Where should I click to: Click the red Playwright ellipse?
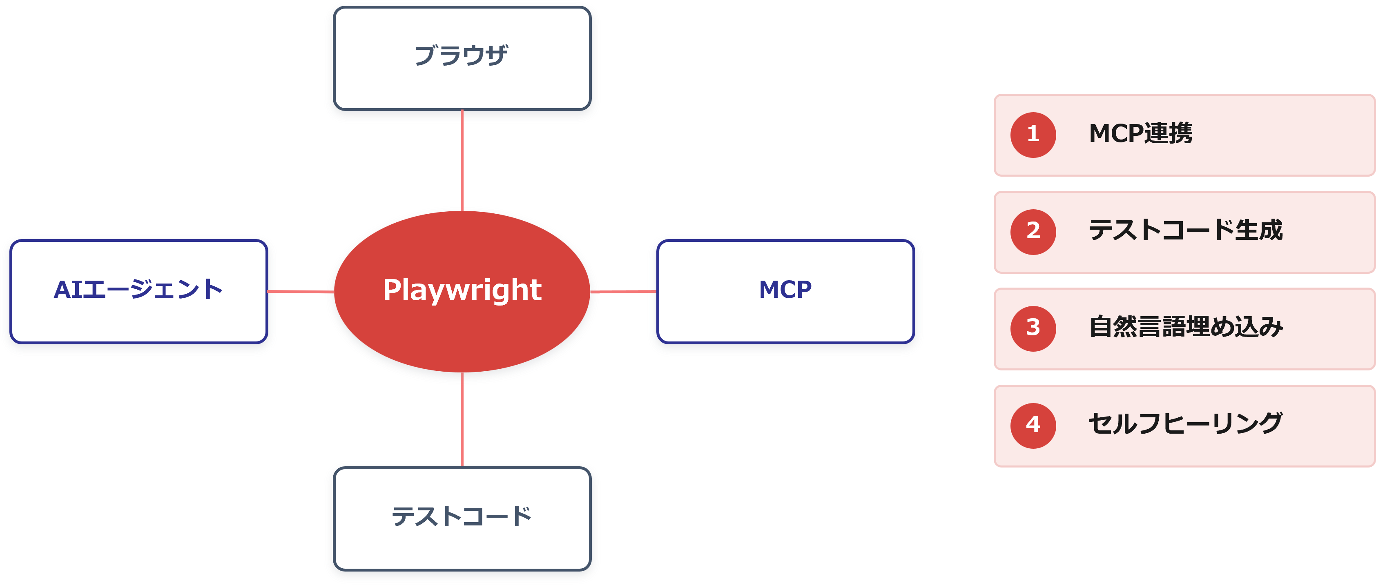(x=462, y=291)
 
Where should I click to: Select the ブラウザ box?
(x=462, y=58)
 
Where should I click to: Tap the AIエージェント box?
(x=139, y=291)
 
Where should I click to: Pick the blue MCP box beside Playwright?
(x=786, y=291)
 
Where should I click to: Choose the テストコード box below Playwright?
(x=462, y=519)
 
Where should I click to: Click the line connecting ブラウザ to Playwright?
(x=462, y=161)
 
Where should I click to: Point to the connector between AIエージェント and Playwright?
(x=301, y=291)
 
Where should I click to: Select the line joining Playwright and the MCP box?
(x=623, y=291)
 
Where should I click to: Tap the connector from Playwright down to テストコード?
(x=462, y=419)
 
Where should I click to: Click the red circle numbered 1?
(x=1033, y=135)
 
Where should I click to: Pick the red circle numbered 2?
(x=1033, y=232)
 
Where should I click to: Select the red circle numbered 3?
(x=1033, y=329)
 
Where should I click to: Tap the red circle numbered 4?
(x=1033, y=426)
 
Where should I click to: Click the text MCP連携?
(x=1140, y=133)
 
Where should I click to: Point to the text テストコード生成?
(x=1186, y=230)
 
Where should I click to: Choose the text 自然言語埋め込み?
(x=1186, y=327)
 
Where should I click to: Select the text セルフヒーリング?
(x=1186, y=424)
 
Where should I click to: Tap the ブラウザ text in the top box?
(x=462, y=55)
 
